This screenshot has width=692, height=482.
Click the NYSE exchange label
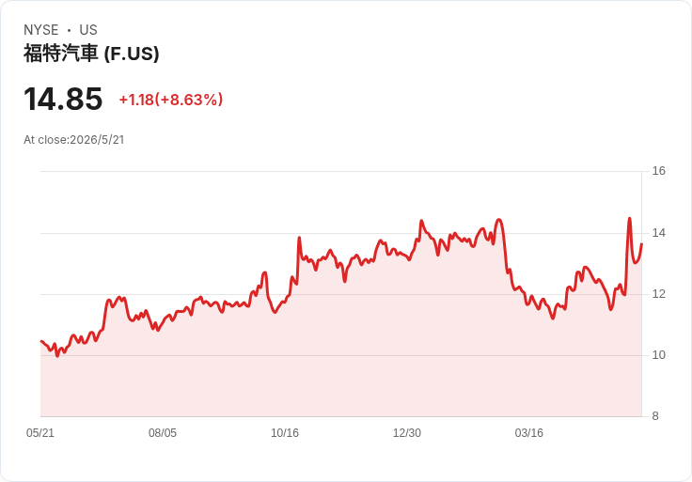point(41,30)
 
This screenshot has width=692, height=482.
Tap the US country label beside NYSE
point(88,30)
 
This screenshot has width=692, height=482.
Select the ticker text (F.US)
point(132,54)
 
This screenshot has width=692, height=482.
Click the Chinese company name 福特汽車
point(60,54)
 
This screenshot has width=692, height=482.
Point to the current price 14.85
point(63,99)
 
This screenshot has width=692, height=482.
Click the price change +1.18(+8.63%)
point(171,100)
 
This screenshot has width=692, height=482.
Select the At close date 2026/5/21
point(97,140)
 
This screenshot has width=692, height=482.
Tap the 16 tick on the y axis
point(658,171)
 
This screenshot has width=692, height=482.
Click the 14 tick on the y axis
point(658,233)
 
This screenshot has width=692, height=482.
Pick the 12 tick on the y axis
point(658,294)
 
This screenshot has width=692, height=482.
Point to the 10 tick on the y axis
point(658,355)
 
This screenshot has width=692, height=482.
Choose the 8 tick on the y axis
point(655,416)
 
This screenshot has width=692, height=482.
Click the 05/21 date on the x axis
point(40,433)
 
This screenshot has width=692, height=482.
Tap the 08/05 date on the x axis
point(163,433)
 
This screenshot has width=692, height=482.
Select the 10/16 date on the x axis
point(285,433)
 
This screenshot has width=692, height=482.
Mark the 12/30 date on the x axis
point(407,433)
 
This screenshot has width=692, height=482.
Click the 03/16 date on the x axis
point(529,433)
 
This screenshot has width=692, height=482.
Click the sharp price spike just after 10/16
point(299,238)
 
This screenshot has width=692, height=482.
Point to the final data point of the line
point(641,244)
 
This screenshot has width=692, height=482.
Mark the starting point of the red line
point(41,341)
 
